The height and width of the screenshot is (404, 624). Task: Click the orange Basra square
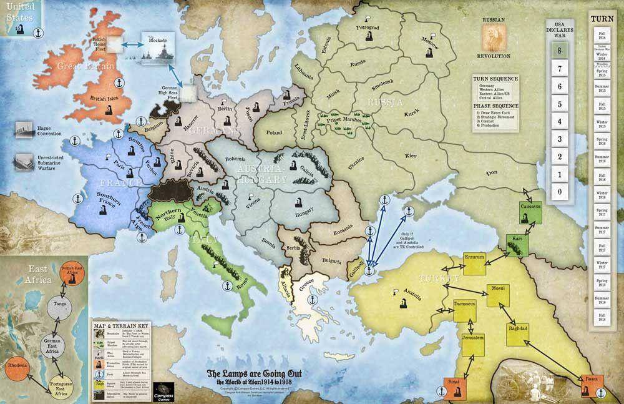[591, 383]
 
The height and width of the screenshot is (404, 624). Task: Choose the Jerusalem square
[473, 342]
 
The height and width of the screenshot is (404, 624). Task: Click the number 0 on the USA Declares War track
[560, 191]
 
